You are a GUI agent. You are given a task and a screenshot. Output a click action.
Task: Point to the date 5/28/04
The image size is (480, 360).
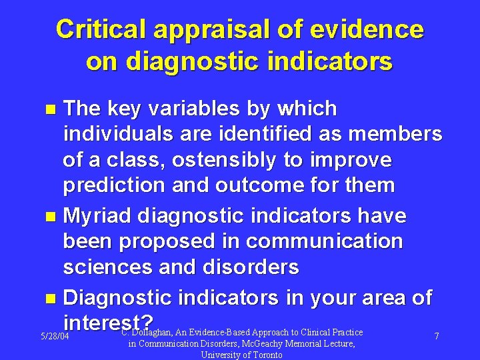pyautogui.click(x=55, y=337)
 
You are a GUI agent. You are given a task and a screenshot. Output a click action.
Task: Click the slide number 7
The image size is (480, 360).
pyautogui.click(x=437, y=337)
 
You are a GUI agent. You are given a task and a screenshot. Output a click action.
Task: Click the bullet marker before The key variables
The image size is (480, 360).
pyautogui.click(x=55, y=109)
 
